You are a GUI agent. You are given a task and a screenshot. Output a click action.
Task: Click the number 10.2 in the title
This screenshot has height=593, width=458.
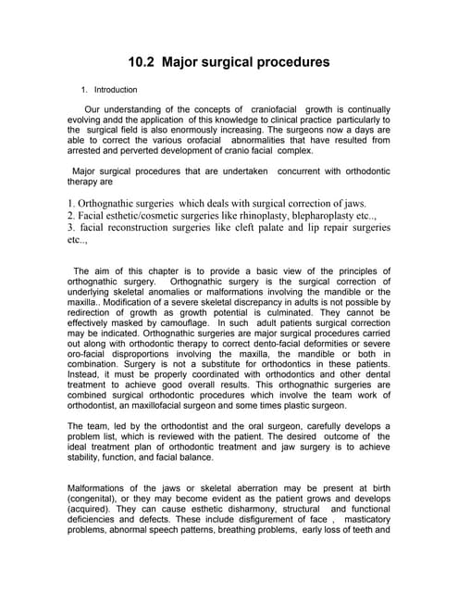(142, 63)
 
